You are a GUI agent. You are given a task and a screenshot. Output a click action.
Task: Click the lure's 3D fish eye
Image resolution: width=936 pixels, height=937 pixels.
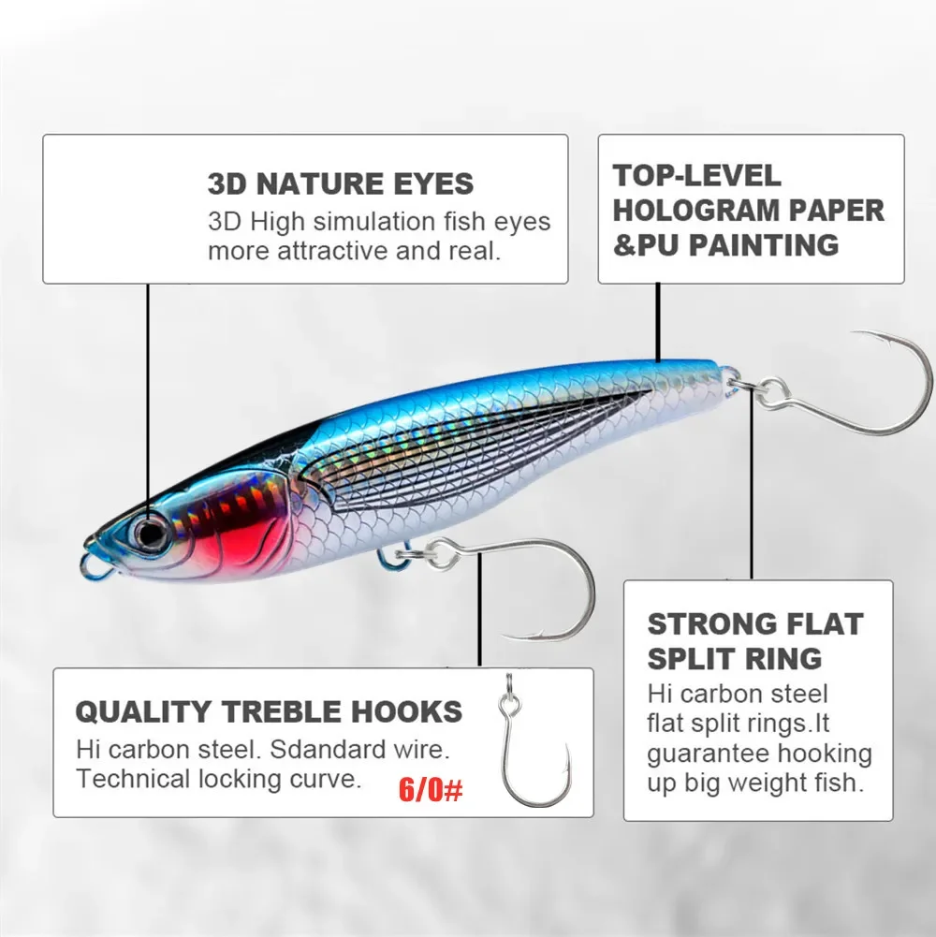pyautogui.click(x=149, y=531)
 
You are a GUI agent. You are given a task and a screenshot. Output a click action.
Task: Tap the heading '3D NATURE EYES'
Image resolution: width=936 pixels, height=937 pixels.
pyautogui.click(x=341, y=183)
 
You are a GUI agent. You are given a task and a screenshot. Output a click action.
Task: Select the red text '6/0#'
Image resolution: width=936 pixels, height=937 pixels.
pyautogui.click(x=431, y=789)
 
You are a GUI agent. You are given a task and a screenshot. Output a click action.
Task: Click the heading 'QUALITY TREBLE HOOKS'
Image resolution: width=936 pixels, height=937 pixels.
pyautogui.click(x=269, y=711)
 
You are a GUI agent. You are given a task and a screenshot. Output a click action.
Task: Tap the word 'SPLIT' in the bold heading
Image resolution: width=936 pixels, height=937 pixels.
pyautogui.click(x=690, y=657)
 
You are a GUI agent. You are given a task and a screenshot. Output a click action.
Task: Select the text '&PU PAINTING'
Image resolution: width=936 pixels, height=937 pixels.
pyautogui.click(x=725, y=245)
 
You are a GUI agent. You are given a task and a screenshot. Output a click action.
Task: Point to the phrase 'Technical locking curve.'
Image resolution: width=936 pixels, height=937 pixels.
pyautogui.click(x=218, y=778)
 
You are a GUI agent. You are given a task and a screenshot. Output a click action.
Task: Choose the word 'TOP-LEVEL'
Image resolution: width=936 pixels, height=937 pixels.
pyautogui.click(x=696, y=175)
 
